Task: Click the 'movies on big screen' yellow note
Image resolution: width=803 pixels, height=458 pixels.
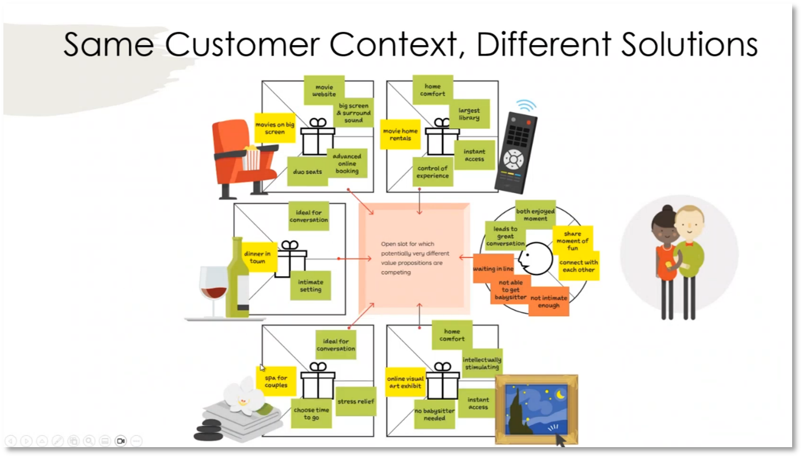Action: click(275, 128)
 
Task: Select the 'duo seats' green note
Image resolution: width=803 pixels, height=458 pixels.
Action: click(307, 172)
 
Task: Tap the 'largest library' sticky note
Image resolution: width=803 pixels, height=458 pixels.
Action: click(469, 114)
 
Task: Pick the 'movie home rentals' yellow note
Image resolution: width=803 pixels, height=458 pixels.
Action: click(400, 134)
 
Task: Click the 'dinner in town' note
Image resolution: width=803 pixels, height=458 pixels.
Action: click(257, 257)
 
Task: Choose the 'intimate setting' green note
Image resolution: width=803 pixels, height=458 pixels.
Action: click(311, 285)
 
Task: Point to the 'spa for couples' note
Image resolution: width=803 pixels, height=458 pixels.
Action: click(276, 381)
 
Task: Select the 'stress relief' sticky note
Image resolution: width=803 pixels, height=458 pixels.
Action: click(356, 401)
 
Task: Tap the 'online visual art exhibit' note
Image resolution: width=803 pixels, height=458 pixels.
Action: click(405, 382)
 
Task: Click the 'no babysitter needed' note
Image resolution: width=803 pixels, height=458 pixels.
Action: click(435, 414)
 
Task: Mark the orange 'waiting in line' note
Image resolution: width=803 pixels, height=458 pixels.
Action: click(493, 269)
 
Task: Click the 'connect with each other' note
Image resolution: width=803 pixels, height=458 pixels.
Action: click(579, 266)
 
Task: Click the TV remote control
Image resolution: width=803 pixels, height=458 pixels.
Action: click(515, 152)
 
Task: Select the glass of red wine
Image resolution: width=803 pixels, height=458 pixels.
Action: click(213, 289)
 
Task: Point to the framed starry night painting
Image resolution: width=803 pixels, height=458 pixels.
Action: click(536, 409)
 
